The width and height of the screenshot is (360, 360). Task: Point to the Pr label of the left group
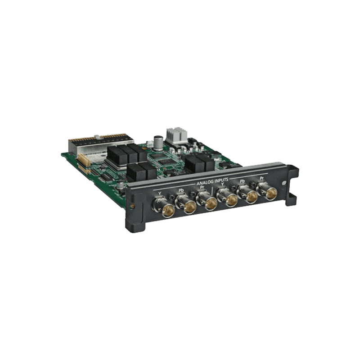click(x=202, y=187)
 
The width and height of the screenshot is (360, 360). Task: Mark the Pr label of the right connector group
click(x=261, y=178)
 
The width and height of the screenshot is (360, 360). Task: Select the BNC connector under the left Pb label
click(x=189, y=206)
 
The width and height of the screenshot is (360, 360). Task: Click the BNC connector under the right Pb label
click(x=250, y=197)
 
